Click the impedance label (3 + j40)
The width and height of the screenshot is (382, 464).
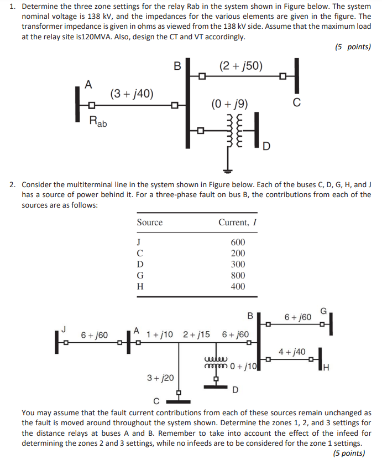click(x=132, y=93)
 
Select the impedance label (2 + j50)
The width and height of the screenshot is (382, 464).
click(x=240, y=66)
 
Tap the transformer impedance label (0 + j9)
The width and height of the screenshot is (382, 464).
click(x=229, y=104)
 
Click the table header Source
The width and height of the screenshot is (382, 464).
click(x=149, y=222)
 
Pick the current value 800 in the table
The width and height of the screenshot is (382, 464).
click(x=238, y=275)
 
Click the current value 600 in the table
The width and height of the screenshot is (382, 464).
click(x=238, y=242)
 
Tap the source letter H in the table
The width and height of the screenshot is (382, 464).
click(x=140, y=286)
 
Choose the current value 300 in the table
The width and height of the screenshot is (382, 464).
click(x=238, y=264)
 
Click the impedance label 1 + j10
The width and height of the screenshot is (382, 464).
click(x=160, y=334)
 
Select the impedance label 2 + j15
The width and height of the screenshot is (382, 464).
click(x=196, y=334)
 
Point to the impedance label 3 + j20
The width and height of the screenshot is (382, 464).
click(x=160, y=377)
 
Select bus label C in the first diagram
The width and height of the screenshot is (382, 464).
click(x=297, y=102)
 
